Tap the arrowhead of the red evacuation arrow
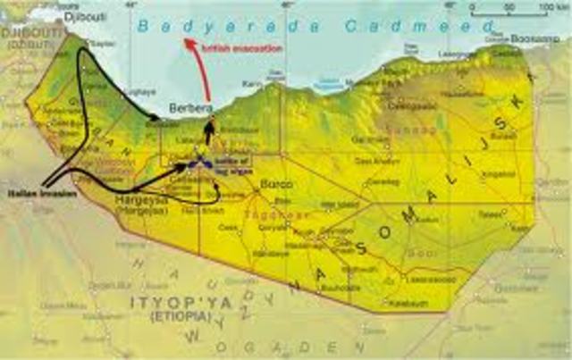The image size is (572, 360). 187,41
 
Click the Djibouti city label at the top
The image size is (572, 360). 82,16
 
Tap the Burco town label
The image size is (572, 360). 269,184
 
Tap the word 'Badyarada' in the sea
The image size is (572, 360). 215,27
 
